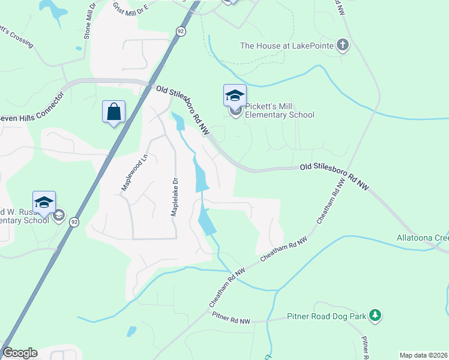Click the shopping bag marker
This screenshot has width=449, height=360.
click(x=113, y=112)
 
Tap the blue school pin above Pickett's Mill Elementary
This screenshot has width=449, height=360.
click(x=235, y=95)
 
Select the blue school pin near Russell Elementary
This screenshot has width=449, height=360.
click(x=44, y=202)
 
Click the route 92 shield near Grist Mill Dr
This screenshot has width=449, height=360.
click(x=179, y=30)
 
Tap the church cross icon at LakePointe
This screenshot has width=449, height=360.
click(x=343, y=45)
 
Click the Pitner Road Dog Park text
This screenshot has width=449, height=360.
click(x=326, y=316)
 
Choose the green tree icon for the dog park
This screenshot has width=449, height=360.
click(x=375, y=316)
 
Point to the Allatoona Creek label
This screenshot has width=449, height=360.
click(x=423, y=238)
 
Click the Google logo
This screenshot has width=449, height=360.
click(x=20, y=353)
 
